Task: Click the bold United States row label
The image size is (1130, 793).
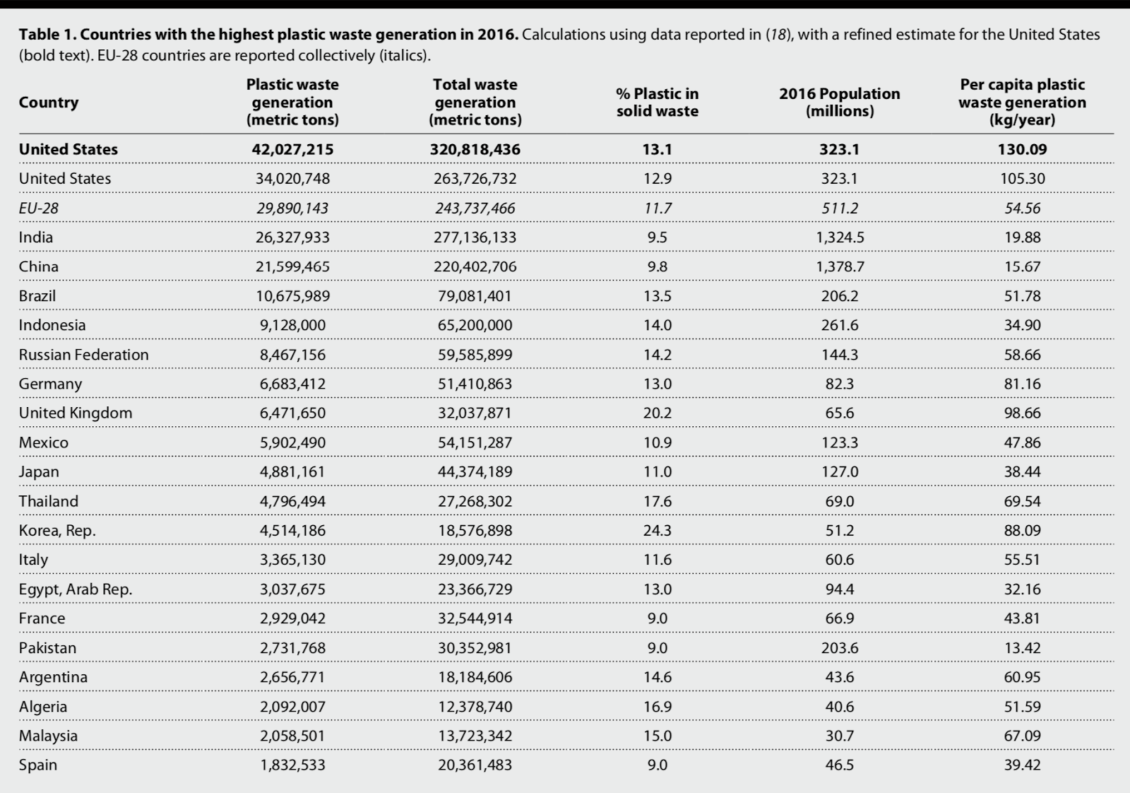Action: coord(69,149)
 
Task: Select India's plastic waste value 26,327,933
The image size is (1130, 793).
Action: coord(292,237)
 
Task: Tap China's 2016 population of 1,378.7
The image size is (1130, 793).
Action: coord(839,267)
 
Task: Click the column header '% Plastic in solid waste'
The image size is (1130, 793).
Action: coord(657,102)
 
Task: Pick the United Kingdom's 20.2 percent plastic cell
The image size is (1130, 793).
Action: coord(657,413)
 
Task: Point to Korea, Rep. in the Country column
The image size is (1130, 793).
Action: coord(57,531)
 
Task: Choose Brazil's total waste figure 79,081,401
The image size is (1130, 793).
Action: coord(475,296)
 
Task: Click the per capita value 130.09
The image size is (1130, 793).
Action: coord(1022,149)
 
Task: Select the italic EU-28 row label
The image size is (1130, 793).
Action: coord(39,208)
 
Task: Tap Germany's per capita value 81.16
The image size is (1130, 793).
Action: coord(1022,384)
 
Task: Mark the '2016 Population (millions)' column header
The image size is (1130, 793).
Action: coord(839,102)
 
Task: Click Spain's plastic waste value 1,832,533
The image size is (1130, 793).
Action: coord(292,765)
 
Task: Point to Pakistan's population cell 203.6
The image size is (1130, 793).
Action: coord(839,648)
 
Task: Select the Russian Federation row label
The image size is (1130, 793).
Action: coord(84,355)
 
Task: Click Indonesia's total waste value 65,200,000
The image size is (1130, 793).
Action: coord(475,326)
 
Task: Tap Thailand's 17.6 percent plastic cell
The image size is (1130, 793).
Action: coord(657,502)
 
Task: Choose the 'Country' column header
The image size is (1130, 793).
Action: coord(49,102)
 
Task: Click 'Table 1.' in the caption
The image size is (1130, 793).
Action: coord(48,35)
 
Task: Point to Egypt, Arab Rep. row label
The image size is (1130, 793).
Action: coord(76,589)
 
